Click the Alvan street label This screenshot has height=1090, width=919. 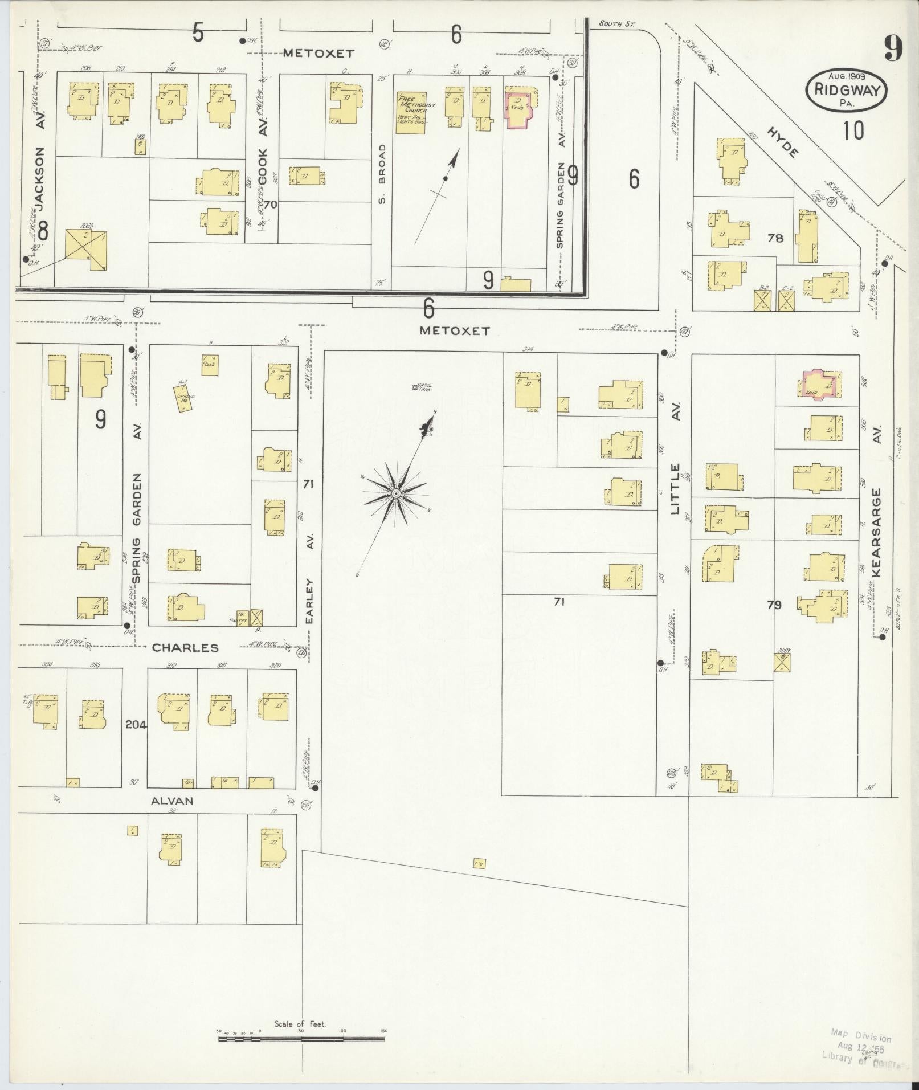pos(172,801)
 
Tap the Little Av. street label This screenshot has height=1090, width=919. pos(676,489)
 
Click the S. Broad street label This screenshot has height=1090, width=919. pos(382,173)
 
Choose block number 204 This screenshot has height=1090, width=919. pos(135,725)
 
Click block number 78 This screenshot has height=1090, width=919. pos(775,238)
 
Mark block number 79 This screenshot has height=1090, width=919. pos(774,605)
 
